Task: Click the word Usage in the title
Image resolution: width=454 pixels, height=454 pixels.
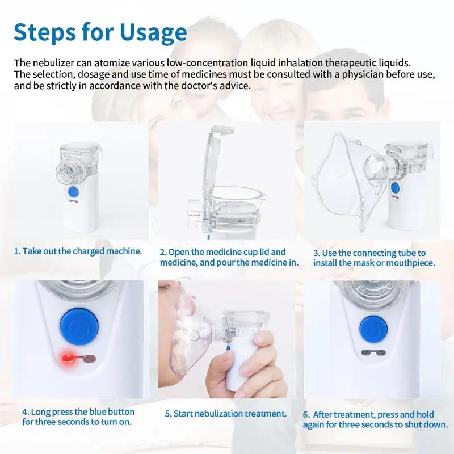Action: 153,33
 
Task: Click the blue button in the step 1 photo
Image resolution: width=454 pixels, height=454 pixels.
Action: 74,192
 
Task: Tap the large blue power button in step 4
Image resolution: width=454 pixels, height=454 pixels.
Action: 79,326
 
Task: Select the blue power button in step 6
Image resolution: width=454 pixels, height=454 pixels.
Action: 373,330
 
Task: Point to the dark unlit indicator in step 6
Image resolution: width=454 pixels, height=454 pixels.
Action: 373,352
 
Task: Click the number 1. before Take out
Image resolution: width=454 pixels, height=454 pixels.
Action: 18,251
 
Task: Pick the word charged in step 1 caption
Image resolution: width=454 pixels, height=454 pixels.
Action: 89,251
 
